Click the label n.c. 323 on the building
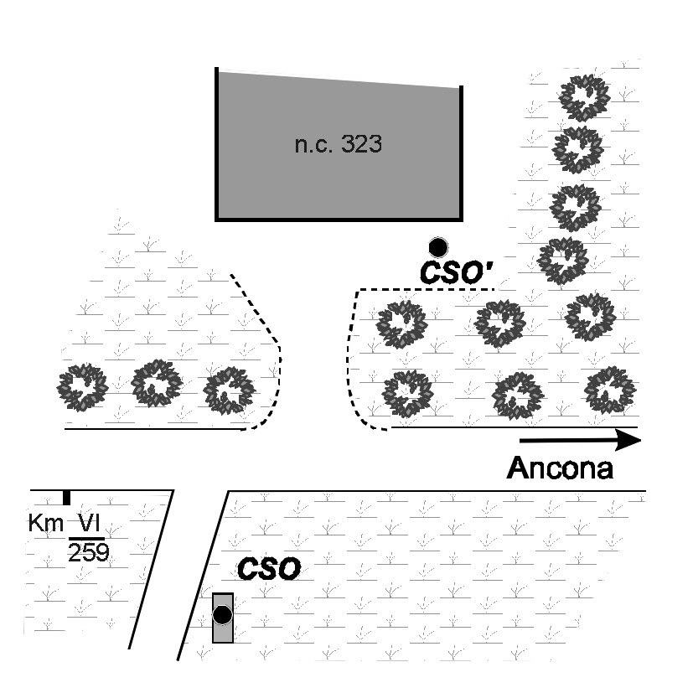339,144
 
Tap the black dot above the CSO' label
437,246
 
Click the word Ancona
560,467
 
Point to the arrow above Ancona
579,439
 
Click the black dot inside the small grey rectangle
222,616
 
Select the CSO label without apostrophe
268,570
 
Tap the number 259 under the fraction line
89,551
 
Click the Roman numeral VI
85,524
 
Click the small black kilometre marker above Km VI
66,498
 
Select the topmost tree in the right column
584,98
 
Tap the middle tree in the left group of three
157,384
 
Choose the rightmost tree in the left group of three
230,390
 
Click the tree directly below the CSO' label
500,322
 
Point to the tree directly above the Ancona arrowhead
609,390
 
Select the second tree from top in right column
577,150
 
